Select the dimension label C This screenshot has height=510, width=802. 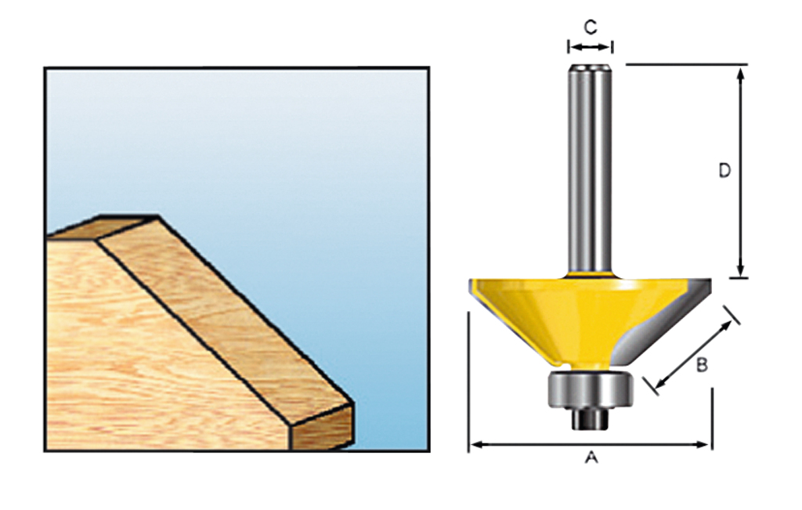[591, 27]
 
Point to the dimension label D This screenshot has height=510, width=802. [724, 171]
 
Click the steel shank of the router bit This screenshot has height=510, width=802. [591, 172]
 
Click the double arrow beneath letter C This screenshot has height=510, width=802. [591, 48]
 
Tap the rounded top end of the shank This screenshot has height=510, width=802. [591, 69]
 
